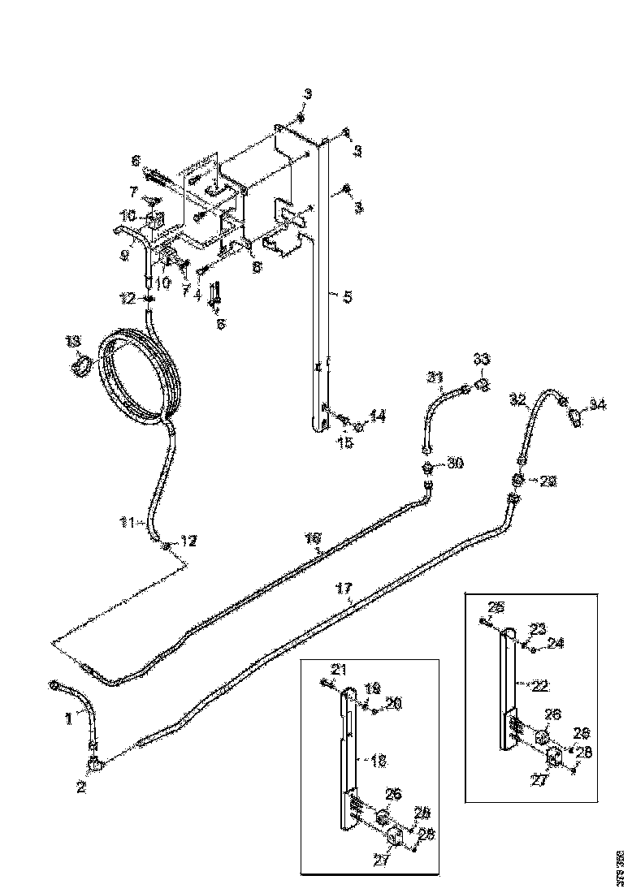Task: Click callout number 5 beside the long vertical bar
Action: click(348, 297)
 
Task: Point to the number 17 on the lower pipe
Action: click(344, 587)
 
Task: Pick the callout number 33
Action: click(482, 360)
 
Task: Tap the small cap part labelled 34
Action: click(575, 418)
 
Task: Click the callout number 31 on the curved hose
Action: click(436, 377)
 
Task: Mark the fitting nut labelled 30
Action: click(426, 468)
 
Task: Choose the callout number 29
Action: click(548, 481)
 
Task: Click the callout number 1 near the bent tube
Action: click(69, 718)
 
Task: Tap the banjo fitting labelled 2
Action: click(95, 763)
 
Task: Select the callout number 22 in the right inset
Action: click(539, 685)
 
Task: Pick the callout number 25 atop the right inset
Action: click(496, 606)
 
